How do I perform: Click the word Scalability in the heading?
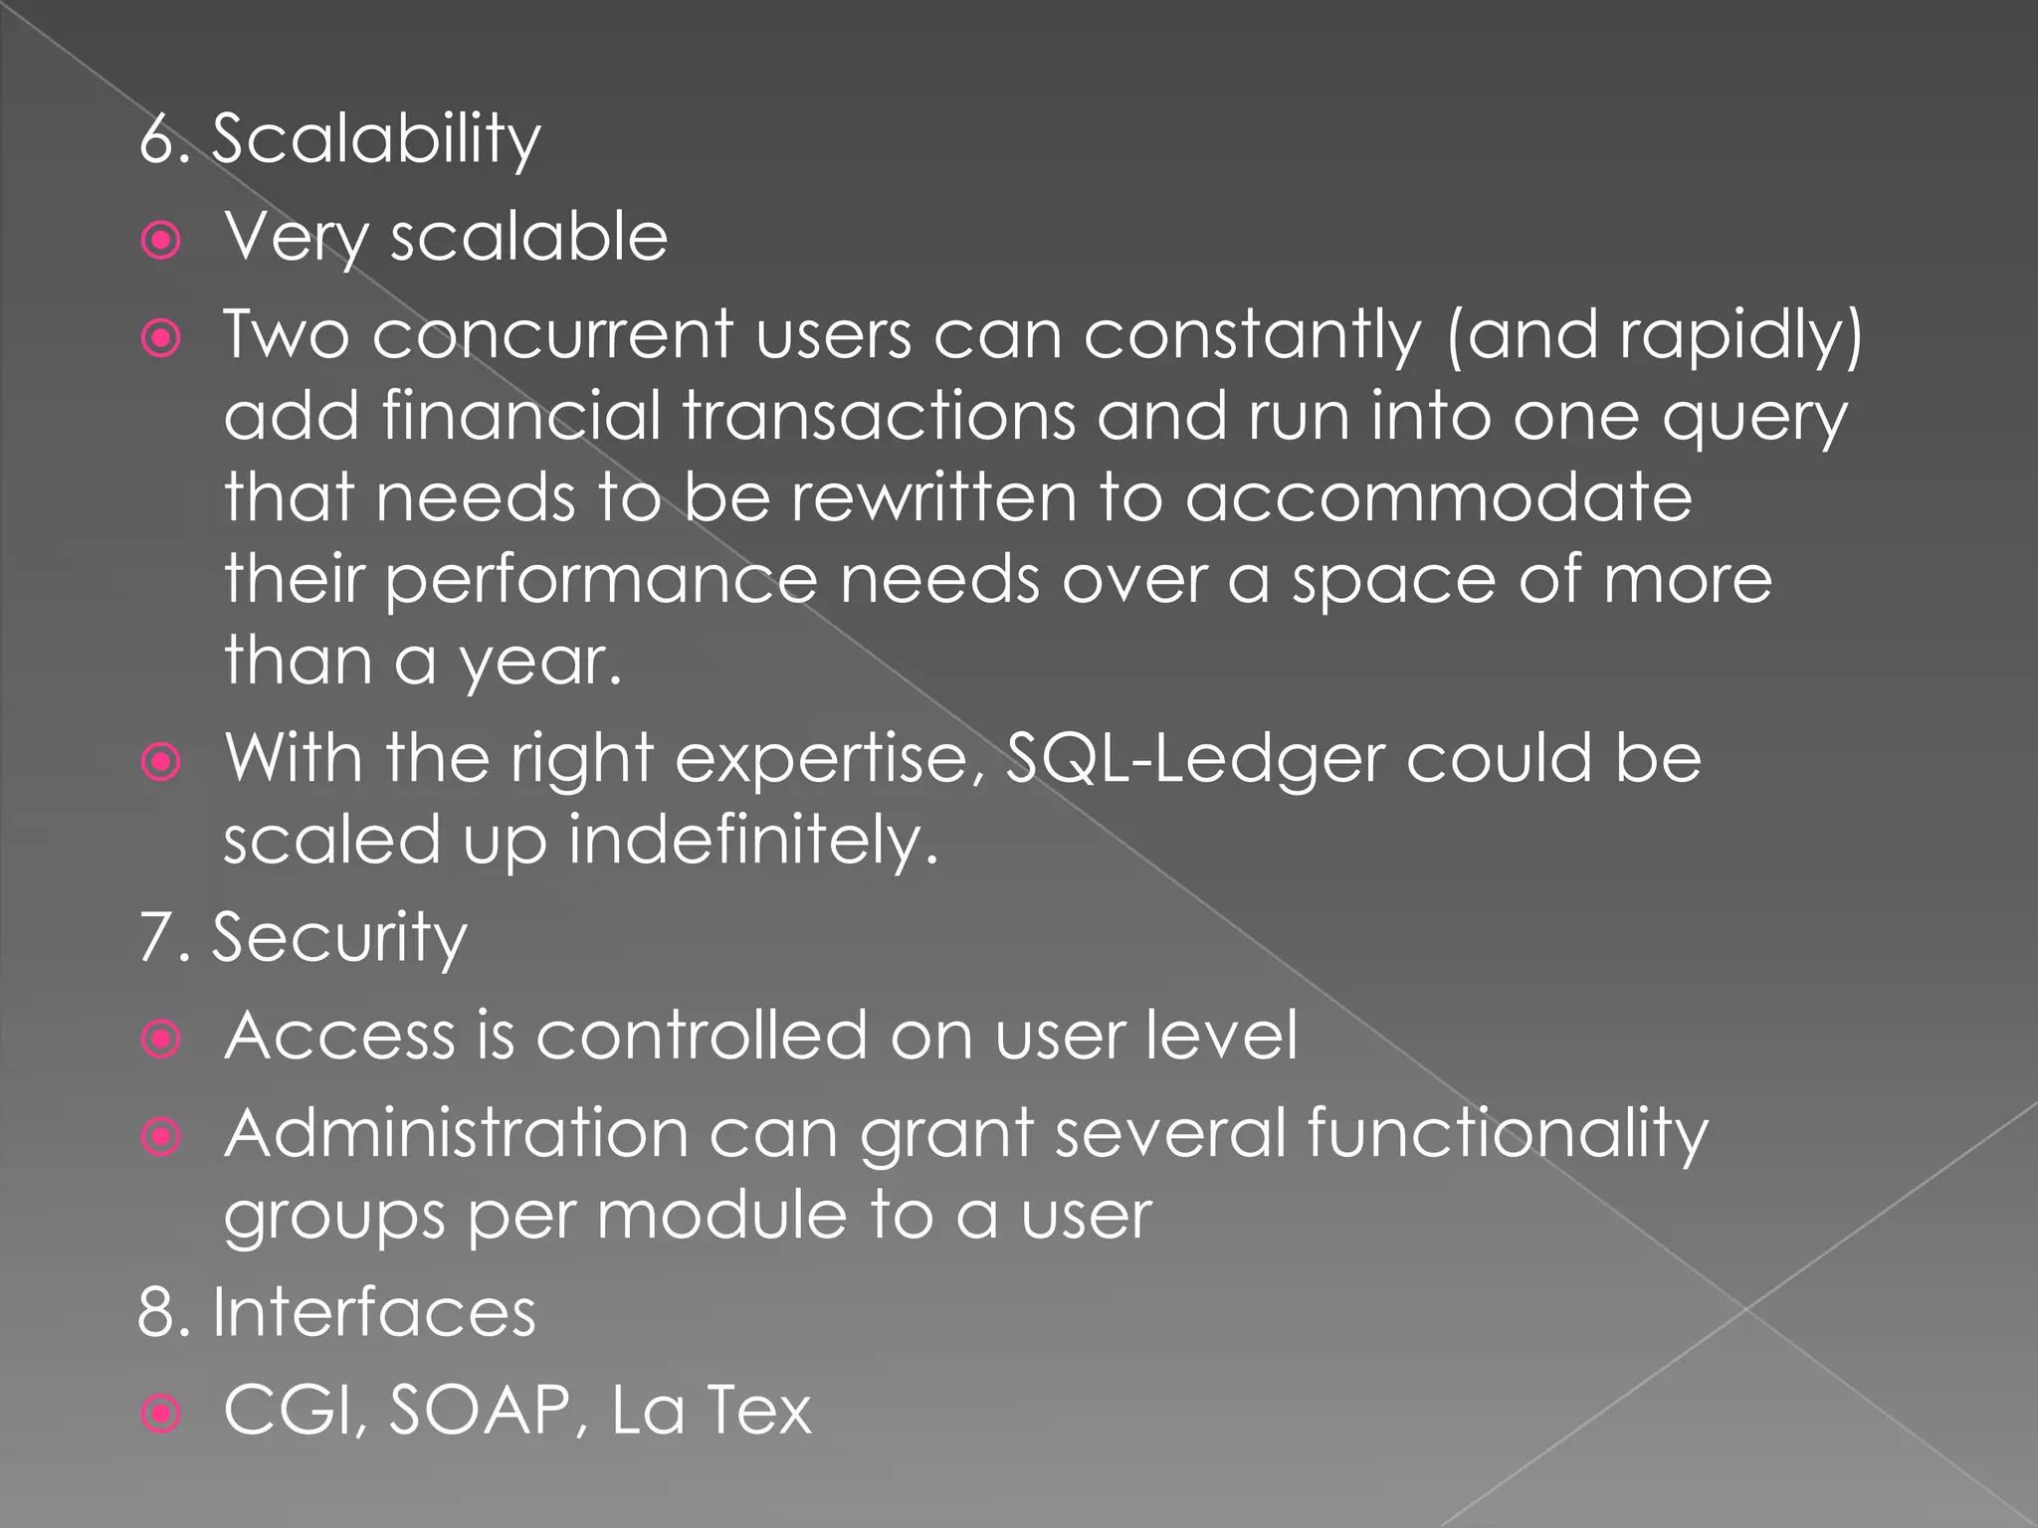376,140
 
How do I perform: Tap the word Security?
338,938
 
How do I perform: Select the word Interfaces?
373,1312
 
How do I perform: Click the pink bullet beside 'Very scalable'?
161,240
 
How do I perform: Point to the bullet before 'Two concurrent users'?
161,338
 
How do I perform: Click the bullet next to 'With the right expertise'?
161,762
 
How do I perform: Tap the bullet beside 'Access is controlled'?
161,1039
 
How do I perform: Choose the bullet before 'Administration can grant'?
161,1136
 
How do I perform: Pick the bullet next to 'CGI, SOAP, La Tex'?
161,1413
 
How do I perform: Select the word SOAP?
478,1411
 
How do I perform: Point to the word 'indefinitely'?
752,842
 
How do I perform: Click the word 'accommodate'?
1438,497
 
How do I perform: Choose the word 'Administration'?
456,1134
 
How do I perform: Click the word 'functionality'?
1507,1134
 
